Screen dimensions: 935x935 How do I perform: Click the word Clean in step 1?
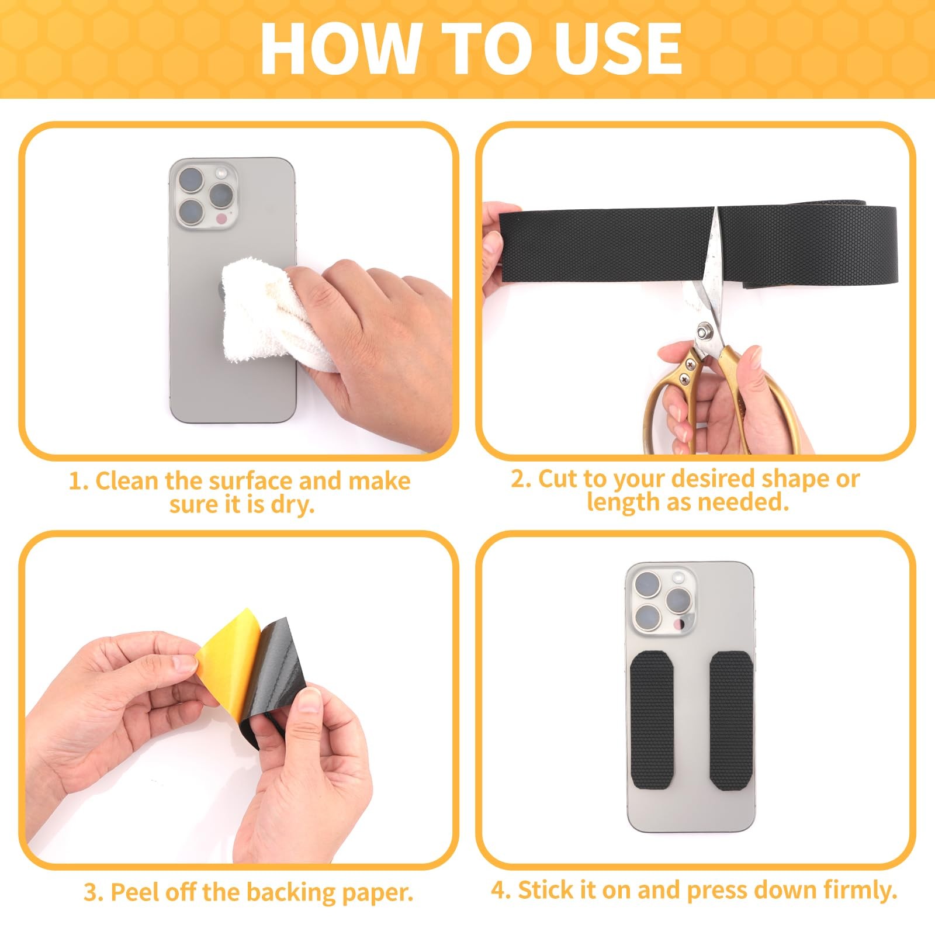[x=127, y=481]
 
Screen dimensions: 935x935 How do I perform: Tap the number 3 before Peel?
[x=93, y=893]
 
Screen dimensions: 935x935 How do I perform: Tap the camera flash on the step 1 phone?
[x=221, y=173]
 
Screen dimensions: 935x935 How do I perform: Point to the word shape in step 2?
[x=794, y=480]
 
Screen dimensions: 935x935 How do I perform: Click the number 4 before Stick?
[x=500, y=891]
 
